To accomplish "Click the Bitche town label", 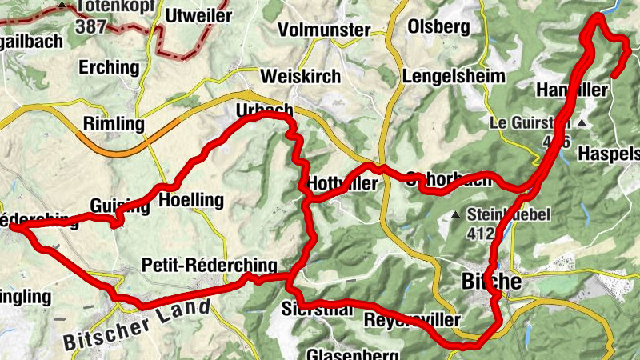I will point(492,282).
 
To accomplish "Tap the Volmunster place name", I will point(324,30).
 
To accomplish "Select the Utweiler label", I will point(198,15).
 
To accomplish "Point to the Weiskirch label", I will point(301,77).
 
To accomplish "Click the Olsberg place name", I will point(438,26).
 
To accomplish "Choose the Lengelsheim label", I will point(454,76).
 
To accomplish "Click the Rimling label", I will point(114,124).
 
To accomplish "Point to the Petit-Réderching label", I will point(209,266).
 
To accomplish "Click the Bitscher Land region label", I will point(137,325).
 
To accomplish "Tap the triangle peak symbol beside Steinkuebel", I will point(456,214).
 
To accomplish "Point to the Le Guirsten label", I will point(530,124).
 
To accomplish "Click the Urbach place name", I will point(265,110).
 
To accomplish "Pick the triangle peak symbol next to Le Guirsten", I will point(582,123).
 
